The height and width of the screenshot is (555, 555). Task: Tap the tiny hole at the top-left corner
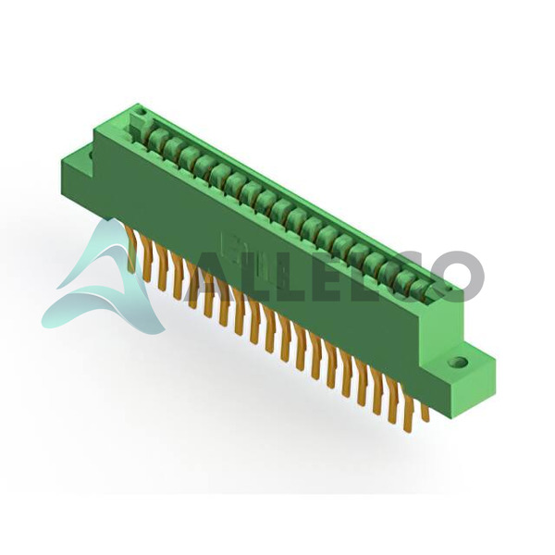tap(143, 113)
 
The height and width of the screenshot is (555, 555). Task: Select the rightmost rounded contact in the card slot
tap(422, 289)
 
